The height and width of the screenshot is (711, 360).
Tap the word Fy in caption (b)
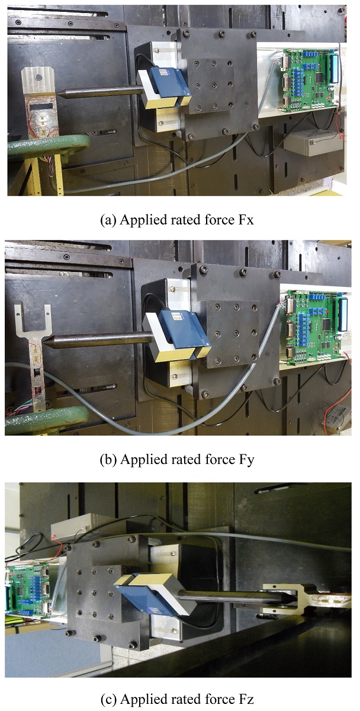pyautogui.click(x=246, y=459)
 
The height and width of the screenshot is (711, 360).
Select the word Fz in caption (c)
pyautogui.click(x=246, y=699)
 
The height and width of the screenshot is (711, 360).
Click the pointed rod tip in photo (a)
pyautogui.click(x=59, y=94)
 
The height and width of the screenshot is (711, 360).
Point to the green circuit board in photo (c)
pyautogui.click(x=28, y=590)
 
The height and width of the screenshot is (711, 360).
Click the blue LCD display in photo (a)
pyautogui.click(x=334, y=68)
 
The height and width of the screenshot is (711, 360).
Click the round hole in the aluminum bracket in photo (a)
pyautogui.click(x=38, y=77)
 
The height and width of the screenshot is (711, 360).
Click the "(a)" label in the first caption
pyautogui.click(x=108, y=220)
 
